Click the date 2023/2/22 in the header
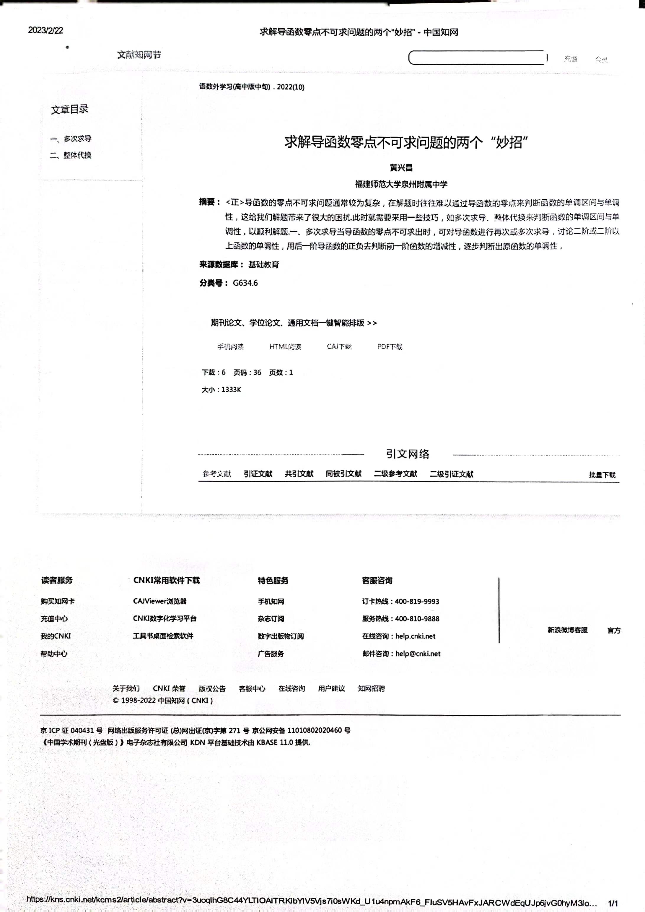click(45, 31)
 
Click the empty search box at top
click(477, 58)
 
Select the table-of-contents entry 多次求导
click(77, 139)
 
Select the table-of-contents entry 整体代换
click(77, 155)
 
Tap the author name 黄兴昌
click(401, 168)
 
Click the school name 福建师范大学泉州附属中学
click(401, 184)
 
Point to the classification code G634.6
click(245, 283)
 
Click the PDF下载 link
click(390, 346)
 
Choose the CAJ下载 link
click(339, 346)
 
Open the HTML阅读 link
click(285, 346)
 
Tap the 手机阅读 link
click(230, 346)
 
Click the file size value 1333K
click(231, 390)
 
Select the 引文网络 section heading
click(408, 454)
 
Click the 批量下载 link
click(602, 475)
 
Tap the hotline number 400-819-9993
click(417, 601)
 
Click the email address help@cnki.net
click(418, 653)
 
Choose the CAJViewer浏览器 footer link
click(160, 601)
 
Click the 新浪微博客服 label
click(568, 630)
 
